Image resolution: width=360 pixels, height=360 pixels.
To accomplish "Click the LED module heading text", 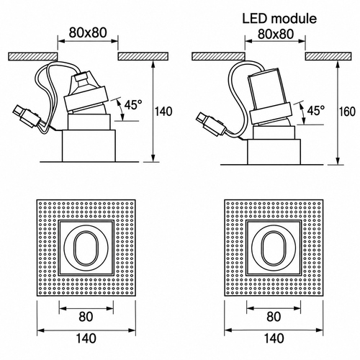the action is coord(279,19).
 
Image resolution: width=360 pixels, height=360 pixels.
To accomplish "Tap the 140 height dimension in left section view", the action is coord(163,112).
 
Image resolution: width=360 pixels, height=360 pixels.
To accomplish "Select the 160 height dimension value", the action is coord(347,112).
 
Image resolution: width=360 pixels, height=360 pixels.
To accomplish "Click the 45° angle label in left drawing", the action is coord(133,105).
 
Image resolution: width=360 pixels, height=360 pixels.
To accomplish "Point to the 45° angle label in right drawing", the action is coord(316,111).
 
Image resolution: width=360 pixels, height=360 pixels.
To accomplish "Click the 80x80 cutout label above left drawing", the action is coord(88,32).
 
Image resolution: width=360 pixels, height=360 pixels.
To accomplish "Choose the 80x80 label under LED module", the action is coord(276,34).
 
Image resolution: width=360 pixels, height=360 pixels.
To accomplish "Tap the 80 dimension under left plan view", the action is coord(86,317).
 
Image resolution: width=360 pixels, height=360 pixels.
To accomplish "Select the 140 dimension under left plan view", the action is coord(86,338).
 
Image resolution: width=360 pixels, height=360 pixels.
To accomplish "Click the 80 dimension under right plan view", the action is coord(274,317).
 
